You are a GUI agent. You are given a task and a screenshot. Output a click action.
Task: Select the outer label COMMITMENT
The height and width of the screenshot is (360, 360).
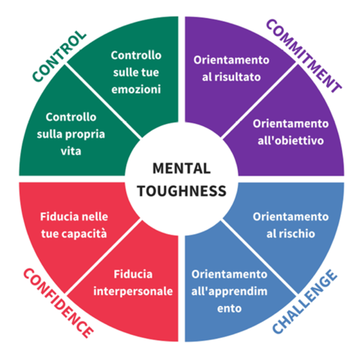click(x=303, y=55)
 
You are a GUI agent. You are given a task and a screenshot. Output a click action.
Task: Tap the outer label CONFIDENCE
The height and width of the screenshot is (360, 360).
click(x=58, y=303)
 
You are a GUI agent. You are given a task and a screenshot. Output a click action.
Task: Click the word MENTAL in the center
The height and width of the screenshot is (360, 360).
click(x=180, y=169)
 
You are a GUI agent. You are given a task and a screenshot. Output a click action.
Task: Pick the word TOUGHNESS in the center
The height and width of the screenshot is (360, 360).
click(x=180, y=192)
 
